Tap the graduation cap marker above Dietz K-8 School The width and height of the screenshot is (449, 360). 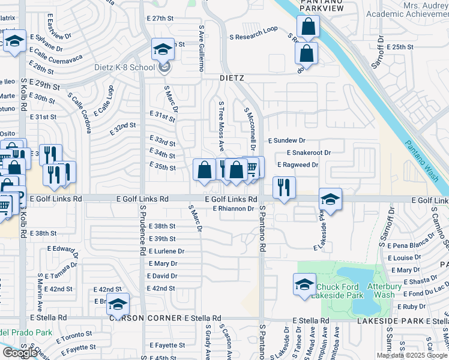tap(162, 50)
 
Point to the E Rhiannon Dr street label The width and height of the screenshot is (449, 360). tap(235, 208)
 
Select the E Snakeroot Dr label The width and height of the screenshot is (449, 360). tap(309, 152)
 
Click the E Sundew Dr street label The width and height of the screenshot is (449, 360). tap(287, 140)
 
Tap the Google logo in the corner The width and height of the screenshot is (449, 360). tap(20, 353)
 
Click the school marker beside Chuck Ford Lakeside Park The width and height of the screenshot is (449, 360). tap(304, 284)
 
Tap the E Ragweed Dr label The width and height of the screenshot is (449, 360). tap(298, 164)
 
